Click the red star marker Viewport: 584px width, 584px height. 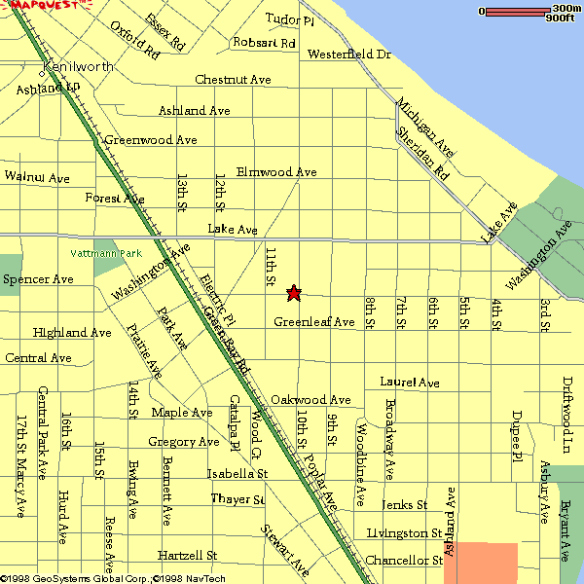(293, 292)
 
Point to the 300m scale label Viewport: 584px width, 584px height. (567, 9)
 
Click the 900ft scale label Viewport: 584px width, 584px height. (561, 18)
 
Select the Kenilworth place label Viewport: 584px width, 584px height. (78, 67)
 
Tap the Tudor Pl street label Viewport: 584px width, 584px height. (290, 19)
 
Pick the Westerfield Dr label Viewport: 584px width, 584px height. (349, 55)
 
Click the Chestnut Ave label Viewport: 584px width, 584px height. (233, 79)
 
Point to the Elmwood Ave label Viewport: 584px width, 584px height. (276, 172)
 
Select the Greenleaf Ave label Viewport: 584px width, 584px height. (313, 322)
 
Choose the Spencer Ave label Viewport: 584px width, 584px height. (38, 279)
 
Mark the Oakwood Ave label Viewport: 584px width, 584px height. (310, 400)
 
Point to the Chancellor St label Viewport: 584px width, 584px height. (404, 561)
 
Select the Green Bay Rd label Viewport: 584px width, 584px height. (227, 341)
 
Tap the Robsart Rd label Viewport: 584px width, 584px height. (264, 43)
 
